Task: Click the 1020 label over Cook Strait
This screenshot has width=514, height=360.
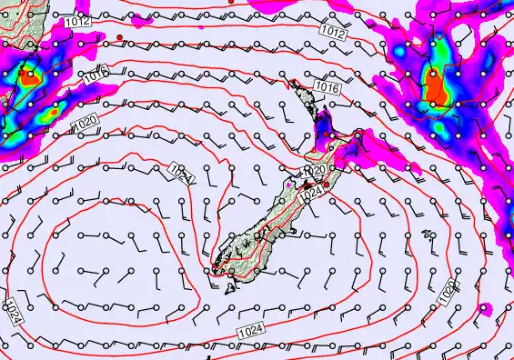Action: tap(314, 170)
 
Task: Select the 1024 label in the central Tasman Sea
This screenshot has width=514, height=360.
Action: tap(180, 172)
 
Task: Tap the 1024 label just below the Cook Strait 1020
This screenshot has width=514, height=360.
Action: tap(310, 191)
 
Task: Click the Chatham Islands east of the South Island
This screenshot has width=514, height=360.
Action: tap(428, 235)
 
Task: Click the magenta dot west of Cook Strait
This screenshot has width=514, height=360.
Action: tap(288, 185)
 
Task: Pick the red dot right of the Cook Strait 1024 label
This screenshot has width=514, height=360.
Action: tap(327, 185)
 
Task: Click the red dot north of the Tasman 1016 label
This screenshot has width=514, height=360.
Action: tap(119, 36)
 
